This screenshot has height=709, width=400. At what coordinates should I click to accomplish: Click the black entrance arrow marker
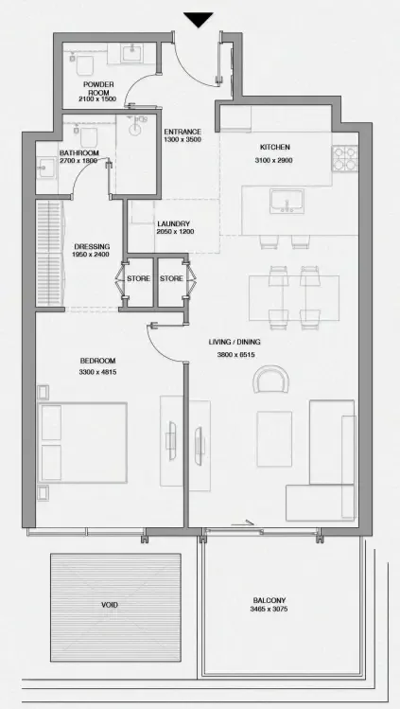point(199,20)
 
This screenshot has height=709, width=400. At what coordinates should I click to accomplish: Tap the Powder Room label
point(98,88)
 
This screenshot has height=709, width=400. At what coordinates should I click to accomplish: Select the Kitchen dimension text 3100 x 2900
point(273,160)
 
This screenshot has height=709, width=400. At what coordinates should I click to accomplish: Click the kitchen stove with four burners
point(345,158)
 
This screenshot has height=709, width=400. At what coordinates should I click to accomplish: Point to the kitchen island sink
point(287,202)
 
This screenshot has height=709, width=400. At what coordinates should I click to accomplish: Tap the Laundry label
point(174,223)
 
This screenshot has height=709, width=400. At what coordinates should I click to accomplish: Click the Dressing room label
point(92,247)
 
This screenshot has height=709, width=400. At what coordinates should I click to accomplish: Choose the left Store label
point(138,278)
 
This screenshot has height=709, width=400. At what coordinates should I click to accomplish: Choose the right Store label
point(171,278)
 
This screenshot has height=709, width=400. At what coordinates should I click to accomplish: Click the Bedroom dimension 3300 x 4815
point(98,372)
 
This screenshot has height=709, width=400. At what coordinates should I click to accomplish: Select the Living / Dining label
point(235,343)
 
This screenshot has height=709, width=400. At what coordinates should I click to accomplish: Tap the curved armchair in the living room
point(270,379)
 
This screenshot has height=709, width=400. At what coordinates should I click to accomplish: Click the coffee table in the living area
point(274,438)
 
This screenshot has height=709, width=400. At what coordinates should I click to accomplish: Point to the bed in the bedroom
point(82,443)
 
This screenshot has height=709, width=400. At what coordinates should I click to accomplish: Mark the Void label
point(110,605)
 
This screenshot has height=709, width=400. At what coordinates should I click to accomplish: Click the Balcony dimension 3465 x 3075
point(270,609)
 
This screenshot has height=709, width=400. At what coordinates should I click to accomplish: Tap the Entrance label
point(183,132)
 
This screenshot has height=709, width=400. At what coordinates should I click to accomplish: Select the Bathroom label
point(79,153)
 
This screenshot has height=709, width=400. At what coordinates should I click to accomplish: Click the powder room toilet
point(84,64)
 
